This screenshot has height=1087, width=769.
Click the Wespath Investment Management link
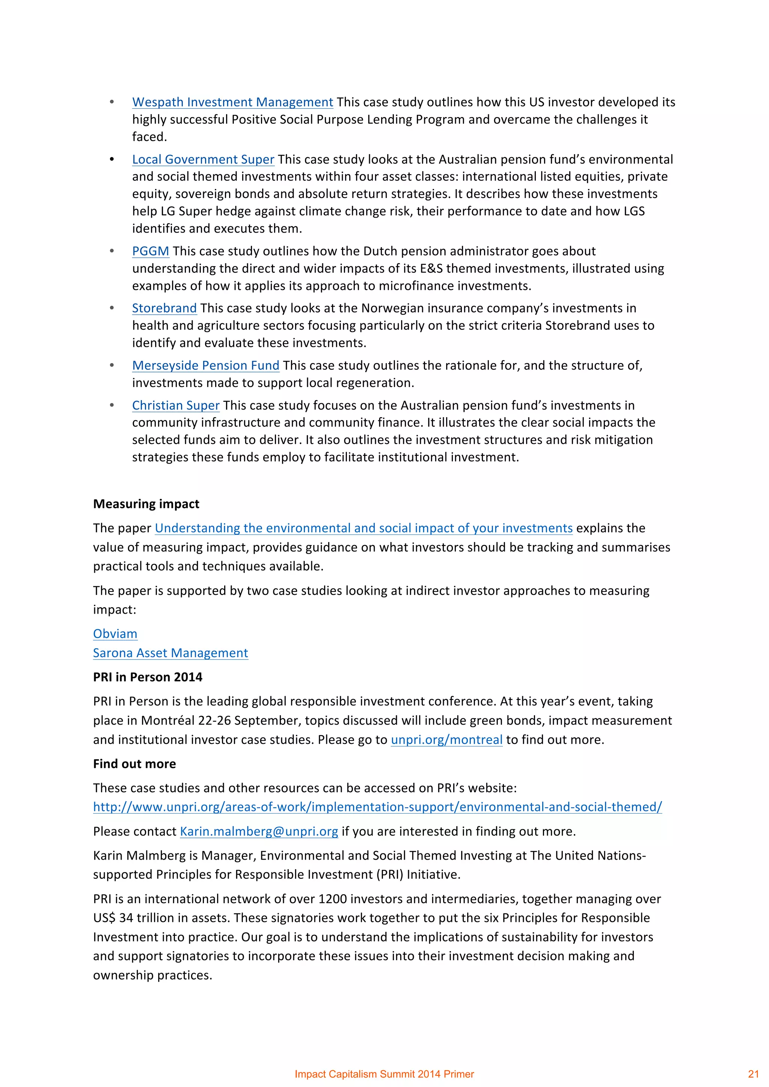(232, 102)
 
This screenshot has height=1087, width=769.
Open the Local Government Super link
(203, 159)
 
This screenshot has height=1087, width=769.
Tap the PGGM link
(150, 251)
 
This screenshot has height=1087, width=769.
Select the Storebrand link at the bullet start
(164, 308)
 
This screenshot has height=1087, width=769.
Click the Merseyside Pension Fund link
(206, 365)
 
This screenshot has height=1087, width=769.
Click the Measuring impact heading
(146, 504)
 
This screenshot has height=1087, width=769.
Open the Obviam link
(115, 634)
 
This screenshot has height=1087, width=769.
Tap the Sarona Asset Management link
(170, 653)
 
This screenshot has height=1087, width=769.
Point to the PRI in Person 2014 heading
(147, 677)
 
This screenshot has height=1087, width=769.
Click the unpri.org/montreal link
(446, 740)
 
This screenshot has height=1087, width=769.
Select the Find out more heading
(134, 764)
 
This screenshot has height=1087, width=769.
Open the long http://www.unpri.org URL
(377, 807)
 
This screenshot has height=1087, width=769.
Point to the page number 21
(753, 1074)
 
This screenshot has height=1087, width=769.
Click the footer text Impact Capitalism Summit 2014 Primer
(384, 1074)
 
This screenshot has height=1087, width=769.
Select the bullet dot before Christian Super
(112, 405)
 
